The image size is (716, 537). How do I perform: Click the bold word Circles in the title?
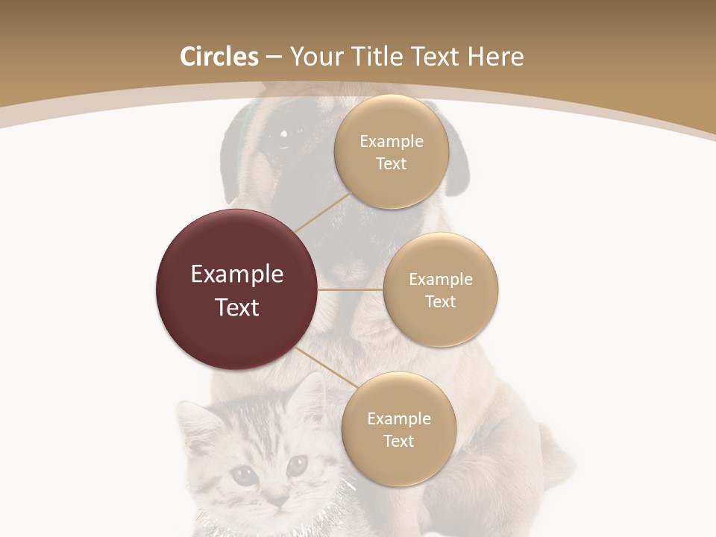[219, 57]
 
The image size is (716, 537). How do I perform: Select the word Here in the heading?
[495, 57]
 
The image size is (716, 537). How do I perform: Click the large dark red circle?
[237, 289]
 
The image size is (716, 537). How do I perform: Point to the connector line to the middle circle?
[351, 289]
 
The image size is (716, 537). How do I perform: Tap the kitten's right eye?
[297, 464]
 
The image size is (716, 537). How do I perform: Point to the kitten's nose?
[278, 498]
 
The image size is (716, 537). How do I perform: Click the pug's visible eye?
[283, 135]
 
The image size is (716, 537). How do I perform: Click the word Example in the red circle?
[237, 274]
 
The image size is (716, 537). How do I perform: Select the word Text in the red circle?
[237, 307]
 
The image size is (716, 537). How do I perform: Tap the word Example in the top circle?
[392, 142]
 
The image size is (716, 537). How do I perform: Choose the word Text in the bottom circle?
[399, 442]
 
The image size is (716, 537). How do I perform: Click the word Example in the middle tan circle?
[441, 280]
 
